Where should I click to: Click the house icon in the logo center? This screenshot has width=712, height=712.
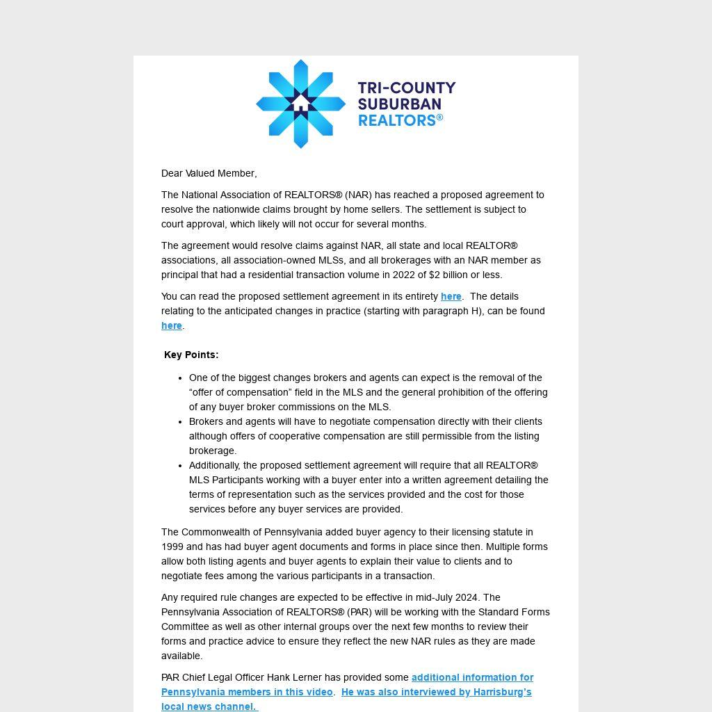(x=300, y=104)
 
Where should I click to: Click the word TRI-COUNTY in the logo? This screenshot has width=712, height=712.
(x=407, y=88)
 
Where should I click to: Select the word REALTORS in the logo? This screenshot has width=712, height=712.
(x=397, y=120)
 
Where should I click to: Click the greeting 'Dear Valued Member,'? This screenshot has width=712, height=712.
(x=209, y=173)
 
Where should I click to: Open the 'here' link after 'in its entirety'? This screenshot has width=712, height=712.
(x=451, y=296)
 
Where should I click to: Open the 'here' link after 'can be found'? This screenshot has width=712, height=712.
(x=171, y=325)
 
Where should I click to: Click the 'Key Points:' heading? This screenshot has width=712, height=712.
(x=191, y=355)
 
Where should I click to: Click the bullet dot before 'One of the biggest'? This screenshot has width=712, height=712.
(x=180, y=378)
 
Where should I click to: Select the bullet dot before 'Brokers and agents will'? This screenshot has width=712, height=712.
(x=180, y=422)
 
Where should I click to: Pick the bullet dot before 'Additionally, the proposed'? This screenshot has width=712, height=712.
(x=180, y=466)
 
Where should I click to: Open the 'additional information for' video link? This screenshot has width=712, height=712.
(x=472, y=677)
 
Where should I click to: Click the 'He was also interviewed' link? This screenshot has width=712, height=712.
(x=436, y=692)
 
